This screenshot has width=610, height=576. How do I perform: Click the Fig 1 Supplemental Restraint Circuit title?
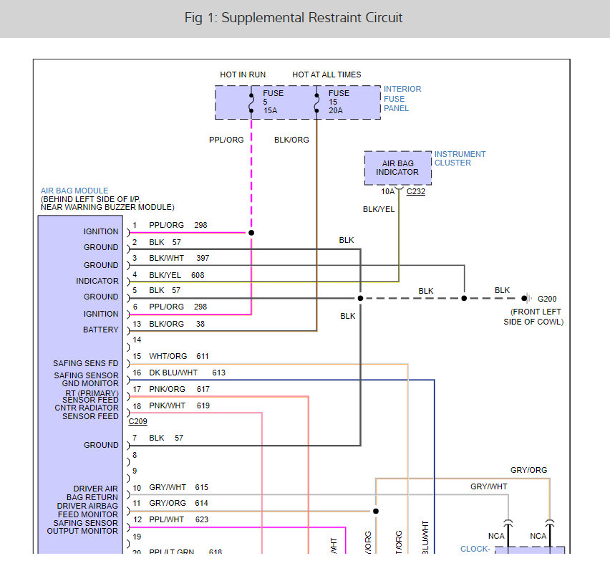294,18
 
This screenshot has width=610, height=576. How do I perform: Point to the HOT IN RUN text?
242,75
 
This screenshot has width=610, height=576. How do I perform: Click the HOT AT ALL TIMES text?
326,75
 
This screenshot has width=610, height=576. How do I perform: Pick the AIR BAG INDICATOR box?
397,168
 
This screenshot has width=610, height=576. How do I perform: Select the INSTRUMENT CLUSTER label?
460,158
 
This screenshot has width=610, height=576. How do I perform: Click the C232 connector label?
415,192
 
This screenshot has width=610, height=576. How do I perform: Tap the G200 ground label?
547,298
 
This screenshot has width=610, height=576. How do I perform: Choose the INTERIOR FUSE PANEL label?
402,99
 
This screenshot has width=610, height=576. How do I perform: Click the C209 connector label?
138,421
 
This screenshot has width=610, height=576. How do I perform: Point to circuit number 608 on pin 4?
198,275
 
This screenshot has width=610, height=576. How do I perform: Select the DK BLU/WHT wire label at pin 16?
173,373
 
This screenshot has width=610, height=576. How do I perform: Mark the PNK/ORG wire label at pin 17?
167,389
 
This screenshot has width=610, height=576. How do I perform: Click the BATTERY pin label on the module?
101,330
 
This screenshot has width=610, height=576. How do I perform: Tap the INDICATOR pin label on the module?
97,281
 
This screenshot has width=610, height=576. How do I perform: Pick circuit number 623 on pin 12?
200,519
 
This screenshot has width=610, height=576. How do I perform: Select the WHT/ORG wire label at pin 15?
168,356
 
